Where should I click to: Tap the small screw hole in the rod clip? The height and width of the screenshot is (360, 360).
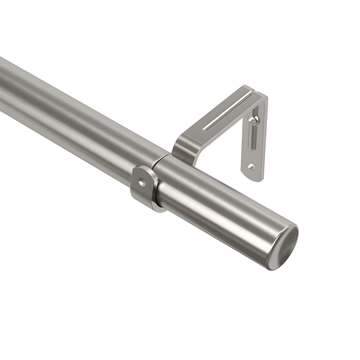click(142, 183)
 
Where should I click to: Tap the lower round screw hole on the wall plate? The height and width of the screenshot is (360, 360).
click(251, 167)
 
